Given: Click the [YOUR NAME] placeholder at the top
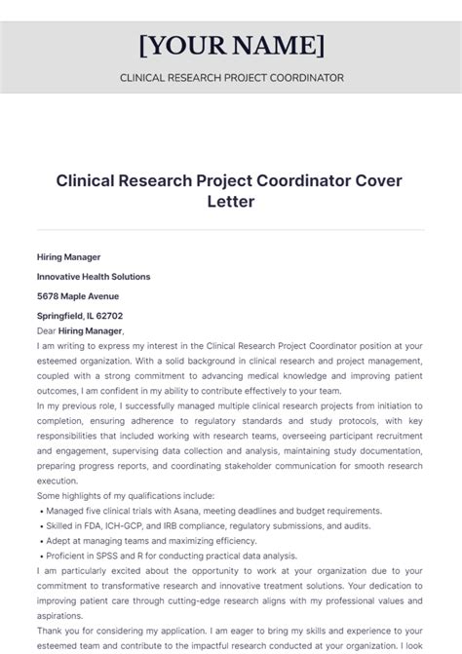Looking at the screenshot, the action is (231, 45).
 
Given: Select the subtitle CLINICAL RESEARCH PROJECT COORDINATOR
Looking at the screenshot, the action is (231, 78).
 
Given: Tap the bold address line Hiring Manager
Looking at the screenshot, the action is (69, 257).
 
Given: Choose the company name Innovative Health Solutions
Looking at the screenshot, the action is (94, 277).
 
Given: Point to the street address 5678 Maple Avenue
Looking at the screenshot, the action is (78, 296).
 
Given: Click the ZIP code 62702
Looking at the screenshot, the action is (110, 316).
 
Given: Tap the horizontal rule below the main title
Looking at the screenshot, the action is (231, 230).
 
